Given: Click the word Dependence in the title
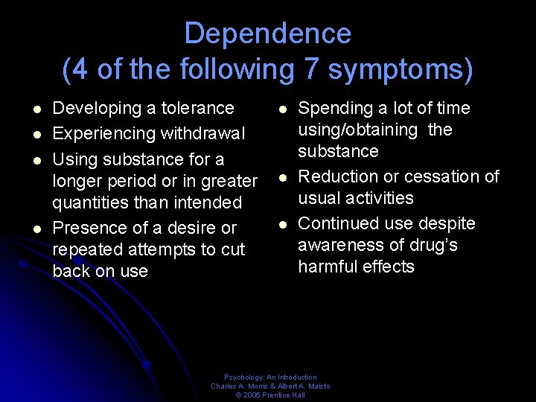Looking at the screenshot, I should coord(267,33).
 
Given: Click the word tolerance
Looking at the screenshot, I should coord(197,108).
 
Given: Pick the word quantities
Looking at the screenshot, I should coord(91,202).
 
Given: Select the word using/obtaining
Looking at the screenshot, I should coord(358,130).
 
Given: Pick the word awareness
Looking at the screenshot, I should coord(339,245).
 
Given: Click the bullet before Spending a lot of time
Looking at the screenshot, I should coord(283,109).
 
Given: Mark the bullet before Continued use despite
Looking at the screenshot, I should coord(283,224).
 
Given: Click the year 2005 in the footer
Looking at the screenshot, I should coord(252,395).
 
